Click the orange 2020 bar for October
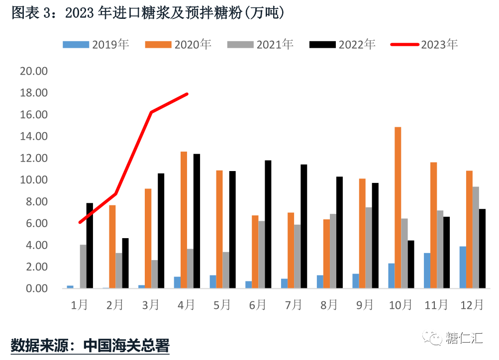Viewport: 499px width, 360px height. click(398, 208)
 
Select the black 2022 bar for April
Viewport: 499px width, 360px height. click(197, 221)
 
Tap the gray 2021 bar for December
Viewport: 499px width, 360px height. click(476, 238)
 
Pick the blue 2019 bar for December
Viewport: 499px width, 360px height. click(463, 268)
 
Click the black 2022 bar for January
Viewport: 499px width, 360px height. click(90, 246)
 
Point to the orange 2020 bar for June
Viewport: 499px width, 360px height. click(255, 252)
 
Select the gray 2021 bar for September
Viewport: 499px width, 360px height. click(369, 248)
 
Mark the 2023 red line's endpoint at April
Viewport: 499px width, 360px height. click(187, 93)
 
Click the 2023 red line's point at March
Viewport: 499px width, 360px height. click(151, 112)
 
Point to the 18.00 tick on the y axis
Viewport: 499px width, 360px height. click(33, 93)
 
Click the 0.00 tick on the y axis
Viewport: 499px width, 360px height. click(33, 288)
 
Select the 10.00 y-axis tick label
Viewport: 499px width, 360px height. click(33, 180)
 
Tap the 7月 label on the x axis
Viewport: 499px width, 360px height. click(293, 305)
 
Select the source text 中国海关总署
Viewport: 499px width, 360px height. click(126, 345)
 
